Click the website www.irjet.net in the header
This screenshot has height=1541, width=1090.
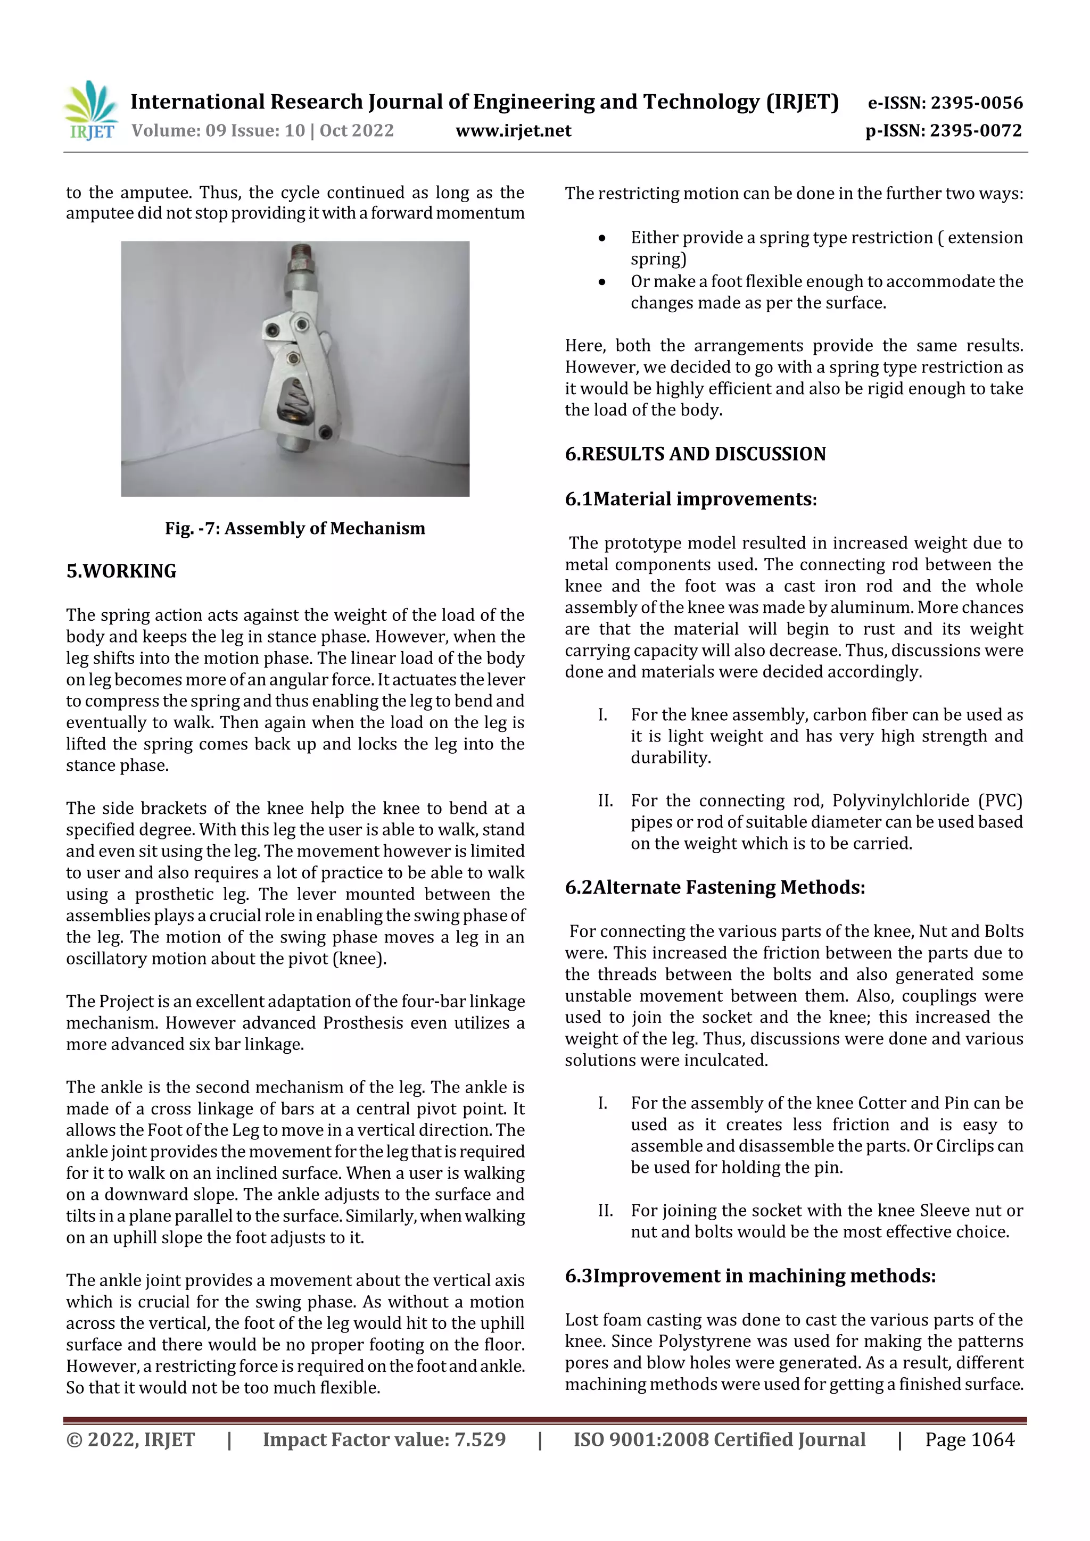pyautogui.click(x=513, y=131)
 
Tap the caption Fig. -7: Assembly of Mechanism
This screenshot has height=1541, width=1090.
pyautogui.click(x=295, y=528)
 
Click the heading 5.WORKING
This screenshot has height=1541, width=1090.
pyautogui.click(x=121, y=571)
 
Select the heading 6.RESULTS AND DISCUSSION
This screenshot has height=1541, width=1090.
pyautogui.click(x=695, y=454)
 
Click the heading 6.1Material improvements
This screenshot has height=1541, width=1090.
pyautogui.click(x=690, y=499)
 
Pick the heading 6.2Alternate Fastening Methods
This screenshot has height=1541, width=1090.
pyautogui.click(x=715, y=887)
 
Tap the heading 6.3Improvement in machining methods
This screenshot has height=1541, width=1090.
pyautogui.click(x=749, y=1276)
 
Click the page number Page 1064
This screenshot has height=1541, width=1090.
pyautogui.click(x=969, y=1439)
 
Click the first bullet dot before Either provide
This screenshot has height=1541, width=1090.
pyautogui.click(x=602, y=238)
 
